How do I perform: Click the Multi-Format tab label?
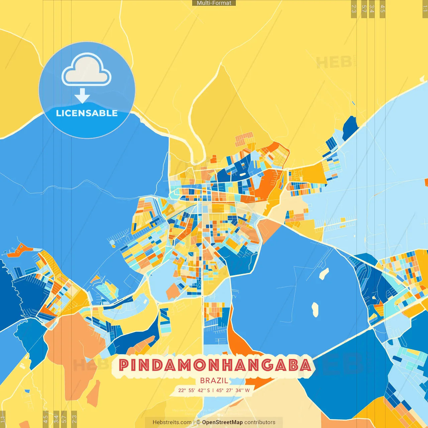coord(214,3)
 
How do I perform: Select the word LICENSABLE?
coord(87,113)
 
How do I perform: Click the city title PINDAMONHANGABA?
coord(215,365)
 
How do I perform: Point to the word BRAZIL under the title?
coord(214,381)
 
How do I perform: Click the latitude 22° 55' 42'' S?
coord(194,390)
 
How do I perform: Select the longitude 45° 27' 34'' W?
coord(233,390)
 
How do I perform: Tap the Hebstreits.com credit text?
coord(172,422)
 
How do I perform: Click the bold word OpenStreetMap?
coord(222,422)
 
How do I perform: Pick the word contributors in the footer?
coord(260,422)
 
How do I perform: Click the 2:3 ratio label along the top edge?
coord(354,9)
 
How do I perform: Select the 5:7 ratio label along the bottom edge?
coord(64,419)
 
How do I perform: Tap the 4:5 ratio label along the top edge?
coord(383,9)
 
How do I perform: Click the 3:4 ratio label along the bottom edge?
coord(56,419)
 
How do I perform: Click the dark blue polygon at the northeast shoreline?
coord(350,127)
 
